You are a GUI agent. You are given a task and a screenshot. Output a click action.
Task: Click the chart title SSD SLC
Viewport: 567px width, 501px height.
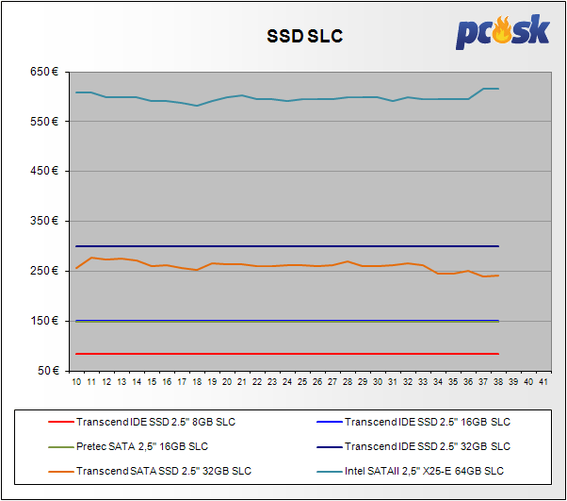(x=303, y=37)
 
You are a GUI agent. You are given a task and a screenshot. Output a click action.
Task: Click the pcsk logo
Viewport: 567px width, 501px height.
(x=503, y=32)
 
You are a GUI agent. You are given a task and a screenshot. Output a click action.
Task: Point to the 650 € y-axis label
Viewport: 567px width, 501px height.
(x=44, y=72)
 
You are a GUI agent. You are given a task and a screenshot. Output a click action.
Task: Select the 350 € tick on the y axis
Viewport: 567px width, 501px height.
(x=44, y=221)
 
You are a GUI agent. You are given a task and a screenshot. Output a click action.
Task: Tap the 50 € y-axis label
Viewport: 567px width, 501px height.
(x=47, y=371)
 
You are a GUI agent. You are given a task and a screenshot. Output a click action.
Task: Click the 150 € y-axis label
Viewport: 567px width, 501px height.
(x=44, y=321)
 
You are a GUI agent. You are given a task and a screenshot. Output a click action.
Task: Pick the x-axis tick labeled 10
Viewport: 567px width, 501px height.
(x=76, y=382)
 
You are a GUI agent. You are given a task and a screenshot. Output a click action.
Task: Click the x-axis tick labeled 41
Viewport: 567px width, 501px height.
(x=543, y=382)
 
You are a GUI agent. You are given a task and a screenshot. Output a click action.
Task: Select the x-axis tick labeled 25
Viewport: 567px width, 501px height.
(x=302, y=382)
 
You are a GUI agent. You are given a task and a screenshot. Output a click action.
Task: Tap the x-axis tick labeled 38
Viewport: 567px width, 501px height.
(x=497, y=382)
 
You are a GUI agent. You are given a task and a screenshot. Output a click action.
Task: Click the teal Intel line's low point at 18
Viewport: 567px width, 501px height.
(x=196, y=106)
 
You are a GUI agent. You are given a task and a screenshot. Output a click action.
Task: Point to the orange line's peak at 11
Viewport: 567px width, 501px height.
(x=91, y=258)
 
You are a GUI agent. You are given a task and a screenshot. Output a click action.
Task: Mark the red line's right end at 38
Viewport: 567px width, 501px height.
(x=497, y=354)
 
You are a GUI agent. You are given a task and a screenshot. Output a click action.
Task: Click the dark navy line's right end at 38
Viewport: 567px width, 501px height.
(x=497, y=246)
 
